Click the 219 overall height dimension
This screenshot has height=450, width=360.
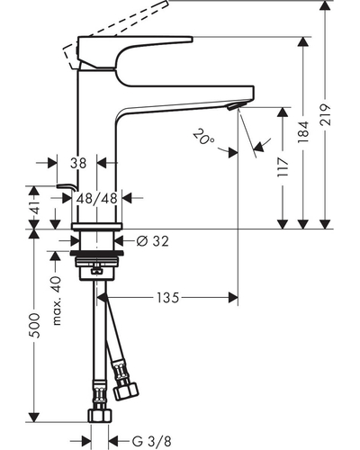coord(326,114)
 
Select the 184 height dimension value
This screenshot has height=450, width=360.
coord(303,132)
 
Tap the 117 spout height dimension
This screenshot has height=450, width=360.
coord(283,166)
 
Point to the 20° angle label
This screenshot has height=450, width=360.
coord(203,137)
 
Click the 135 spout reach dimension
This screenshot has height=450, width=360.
coord(167,298)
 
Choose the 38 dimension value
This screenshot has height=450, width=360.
coord(78,164)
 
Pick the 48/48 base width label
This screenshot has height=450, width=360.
coord(96,198)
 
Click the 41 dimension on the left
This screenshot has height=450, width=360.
coord(35,207)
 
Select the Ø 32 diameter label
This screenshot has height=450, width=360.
coord(153,240)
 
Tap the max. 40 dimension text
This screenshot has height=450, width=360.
coord(56,301)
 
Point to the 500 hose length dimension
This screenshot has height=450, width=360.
coord(35,326)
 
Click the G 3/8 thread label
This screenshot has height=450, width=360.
coord(152,441)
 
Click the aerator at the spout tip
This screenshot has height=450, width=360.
coord(237,105)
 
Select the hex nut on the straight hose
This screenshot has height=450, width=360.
coord(100,416)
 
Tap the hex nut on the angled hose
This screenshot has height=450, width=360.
coord(126,391)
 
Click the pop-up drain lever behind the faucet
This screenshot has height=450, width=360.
coord(67,187)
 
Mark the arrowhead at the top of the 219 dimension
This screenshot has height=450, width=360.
coord(326,6)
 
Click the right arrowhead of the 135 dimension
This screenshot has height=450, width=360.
coord(233,298)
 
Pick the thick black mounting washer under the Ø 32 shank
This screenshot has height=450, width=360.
coord(96,253)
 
